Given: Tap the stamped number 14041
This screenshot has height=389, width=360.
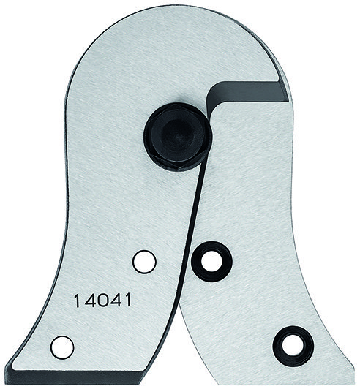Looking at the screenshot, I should pos(98,299).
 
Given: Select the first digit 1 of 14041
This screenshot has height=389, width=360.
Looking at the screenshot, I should pos(77,299).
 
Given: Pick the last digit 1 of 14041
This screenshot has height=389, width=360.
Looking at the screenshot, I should pos(120,299).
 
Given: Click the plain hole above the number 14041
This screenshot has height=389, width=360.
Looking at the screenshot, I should pos(143,260).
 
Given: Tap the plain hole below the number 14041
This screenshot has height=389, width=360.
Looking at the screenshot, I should pos(63,346).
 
